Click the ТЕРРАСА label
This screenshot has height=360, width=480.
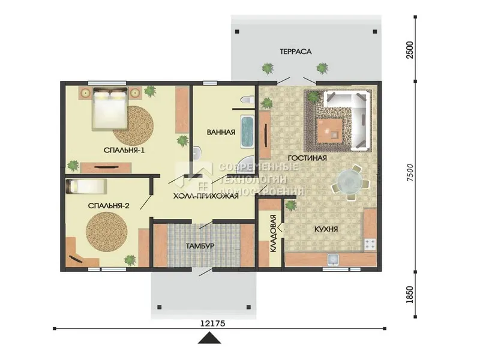click(x=295, y=52)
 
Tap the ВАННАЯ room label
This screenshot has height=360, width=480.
click(x=221, y=132)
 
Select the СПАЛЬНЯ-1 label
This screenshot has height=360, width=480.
click(x=124, y=151)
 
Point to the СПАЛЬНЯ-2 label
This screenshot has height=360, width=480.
click(x=109, y=206)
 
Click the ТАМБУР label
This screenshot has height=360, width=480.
click(x=200, y=246)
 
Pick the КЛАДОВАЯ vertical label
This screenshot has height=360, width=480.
click(x=274, y=233)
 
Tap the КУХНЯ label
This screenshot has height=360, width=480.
click(x=326, y=229)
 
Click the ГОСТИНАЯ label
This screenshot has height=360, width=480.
click(x=307, y=158)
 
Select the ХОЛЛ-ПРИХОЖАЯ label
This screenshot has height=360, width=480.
click(x=206, y=196)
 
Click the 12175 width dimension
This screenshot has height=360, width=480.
click(x=213, y=323)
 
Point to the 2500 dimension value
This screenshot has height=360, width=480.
click(x=409, y=50)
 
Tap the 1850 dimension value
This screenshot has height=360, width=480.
click(x=409, y=295)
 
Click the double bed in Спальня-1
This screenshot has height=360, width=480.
click(x=110, y=109)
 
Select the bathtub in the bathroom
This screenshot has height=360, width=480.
click(x=248, y=131)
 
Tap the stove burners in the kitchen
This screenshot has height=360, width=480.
click(x=370, y=244)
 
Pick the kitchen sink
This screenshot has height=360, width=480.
click(x=332, y=260)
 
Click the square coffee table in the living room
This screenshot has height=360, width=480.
click(x=329, y=131)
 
